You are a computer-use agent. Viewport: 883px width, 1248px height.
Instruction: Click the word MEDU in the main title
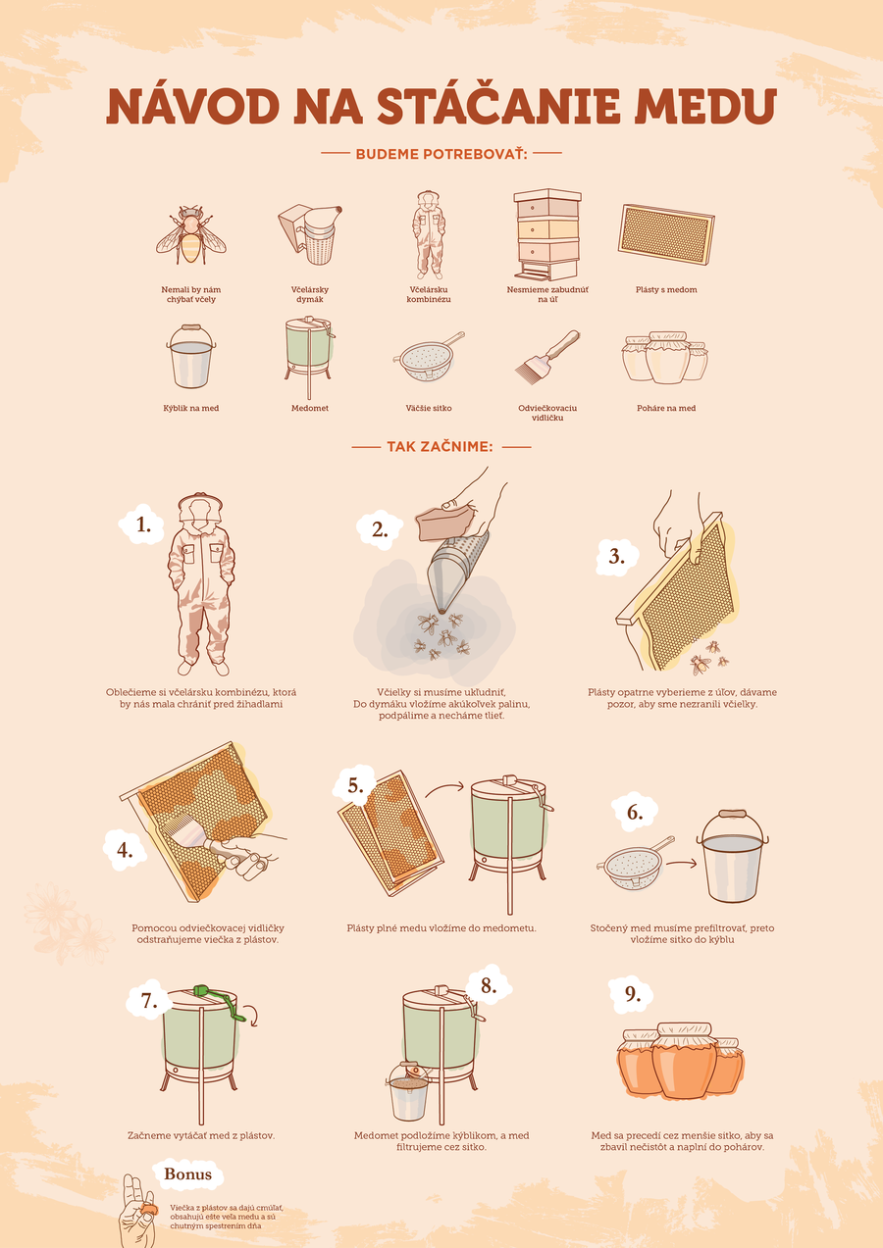click(705, 106)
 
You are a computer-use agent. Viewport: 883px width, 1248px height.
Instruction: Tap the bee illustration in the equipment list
click(190, 234)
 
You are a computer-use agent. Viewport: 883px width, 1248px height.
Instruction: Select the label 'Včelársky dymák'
click(310, 294)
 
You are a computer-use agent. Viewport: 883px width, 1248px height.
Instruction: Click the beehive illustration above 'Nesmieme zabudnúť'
click(547, 234)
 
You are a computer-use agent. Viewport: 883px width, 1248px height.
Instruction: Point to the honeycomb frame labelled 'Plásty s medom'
click(666, 235)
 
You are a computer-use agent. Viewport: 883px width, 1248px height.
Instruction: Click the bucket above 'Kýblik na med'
click(190, 357)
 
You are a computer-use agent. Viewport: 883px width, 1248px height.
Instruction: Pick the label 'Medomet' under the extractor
click(310, 409)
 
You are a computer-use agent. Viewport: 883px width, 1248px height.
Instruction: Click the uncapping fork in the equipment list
click(547, 355)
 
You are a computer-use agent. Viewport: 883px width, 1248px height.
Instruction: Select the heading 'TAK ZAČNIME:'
click(441, 447)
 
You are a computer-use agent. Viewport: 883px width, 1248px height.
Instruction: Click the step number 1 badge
click(142, 524)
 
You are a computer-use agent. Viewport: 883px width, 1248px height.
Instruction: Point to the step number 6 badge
click(635, 813)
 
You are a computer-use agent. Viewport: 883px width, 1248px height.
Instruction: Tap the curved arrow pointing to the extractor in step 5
click(444, 789)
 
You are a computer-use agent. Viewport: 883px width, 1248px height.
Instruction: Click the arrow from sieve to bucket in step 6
click(681, 864)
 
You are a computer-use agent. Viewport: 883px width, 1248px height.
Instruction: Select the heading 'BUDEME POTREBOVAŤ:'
click(441, 154)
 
